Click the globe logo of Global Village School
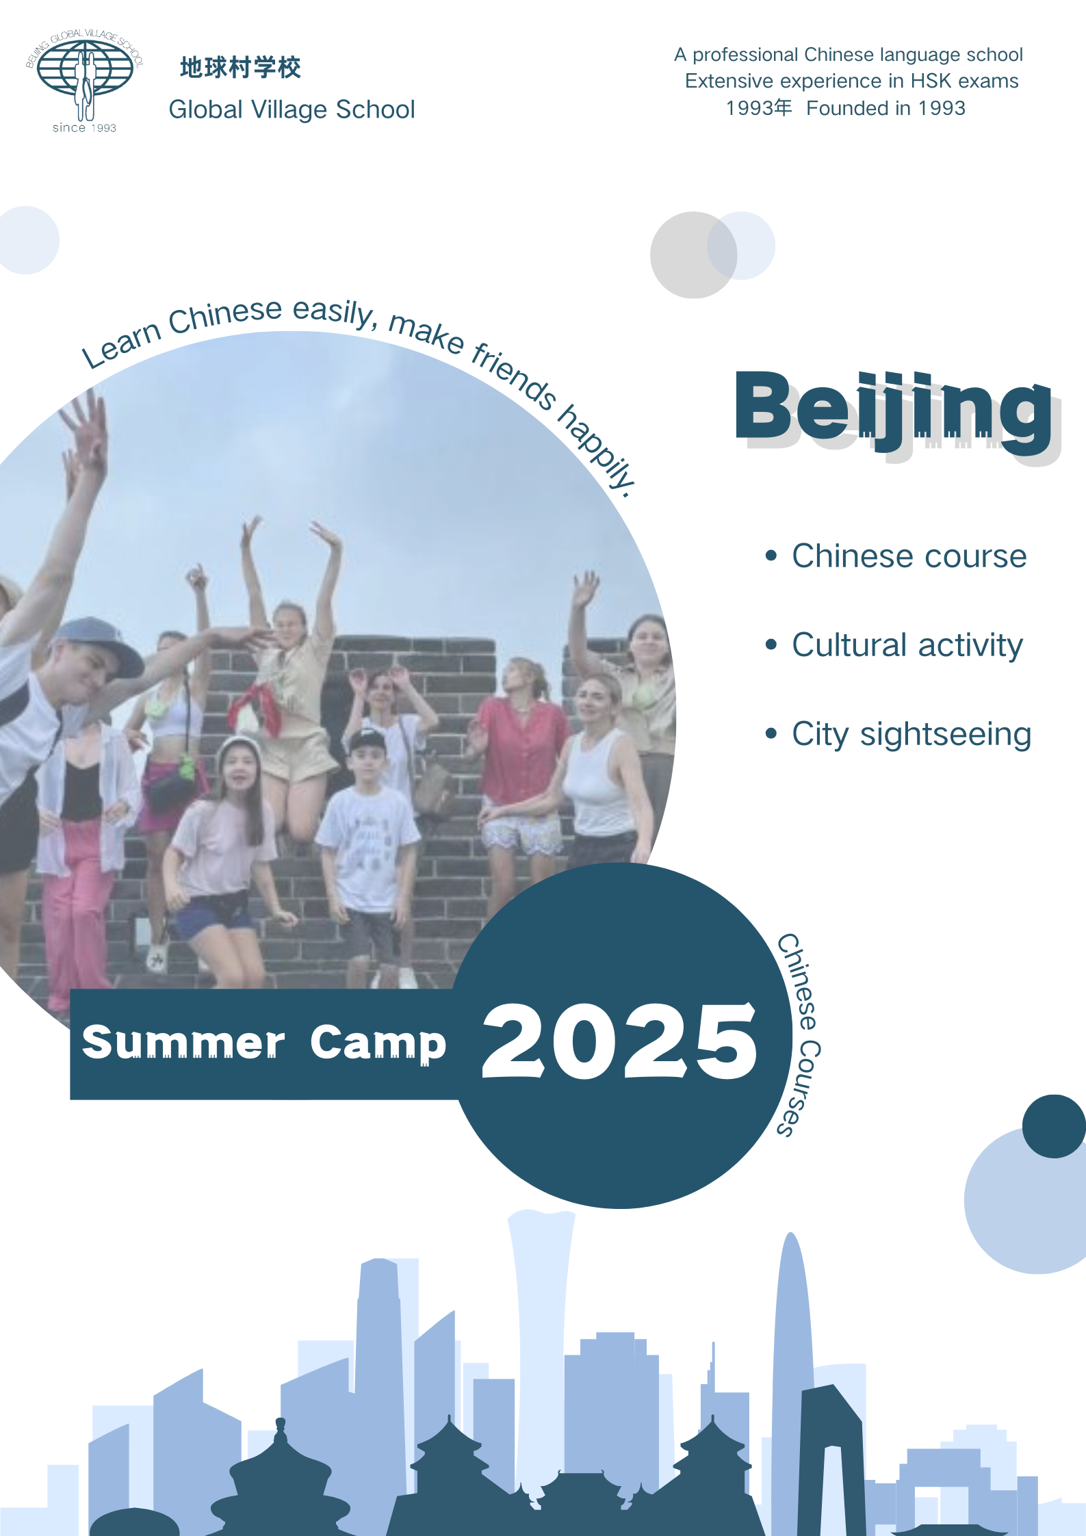(x=84, y=75)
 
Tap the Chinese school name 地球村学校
(x=240, y=68)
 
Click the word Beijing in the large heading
(x=894, y=409)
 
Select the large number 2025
(x=620, y=1041)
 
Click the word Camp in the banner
(x=378, y=1044)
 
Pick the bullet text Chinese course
(x=909, y=556)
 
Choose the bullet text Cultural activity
(x=907, y=645)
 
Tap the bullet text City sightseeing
(x=912, y=735)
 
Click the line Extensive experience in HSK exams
(x=852, y=81)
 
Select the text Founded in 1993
(x=886, y=108)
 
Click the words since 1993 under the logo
(x=84, y=128)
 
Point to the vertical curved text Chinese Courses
(x=799, y=1034)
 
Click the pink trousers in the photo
(x=75, y=910)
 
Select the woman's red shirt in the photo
(x=521, y=749)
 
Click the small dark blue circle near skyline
(x=1054, y=1126)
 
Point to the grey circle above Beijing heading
(x=693, y=255)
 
